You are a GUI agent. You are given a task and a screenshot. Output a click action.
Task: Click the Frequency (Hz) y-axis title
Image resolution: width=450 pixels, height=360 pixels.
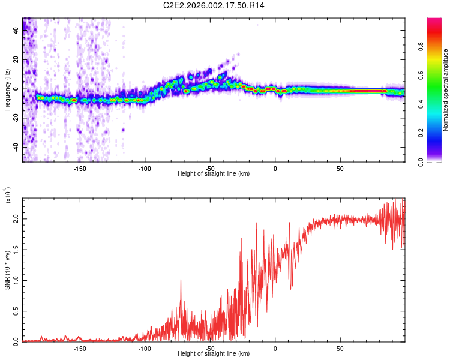[7, 89]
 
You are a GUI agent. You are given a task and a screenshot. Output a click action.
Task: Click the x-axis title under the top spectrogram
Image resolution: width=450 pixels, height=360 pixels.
[214, 173]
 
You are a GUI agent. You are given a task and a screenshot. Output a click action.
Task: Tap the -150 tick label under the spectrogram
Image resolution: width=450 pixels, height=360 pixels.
[80, 168]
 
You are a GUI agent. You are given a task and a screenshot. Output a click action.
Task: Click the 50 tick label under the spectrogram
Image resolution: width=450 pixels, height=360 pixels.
[340, 168]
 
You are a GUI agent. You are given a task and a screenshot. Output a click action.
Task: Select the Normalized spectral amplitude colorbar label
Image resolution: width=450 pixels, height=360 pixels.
[446, 90]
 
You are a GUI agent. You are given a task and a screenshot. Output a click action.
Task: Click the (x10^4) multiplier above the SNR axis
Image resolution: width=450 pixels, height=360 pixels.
[8, 195]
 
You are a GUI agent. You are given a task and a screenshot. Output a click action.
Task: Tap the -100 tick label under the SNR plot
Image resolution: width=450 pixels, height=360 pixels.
[145, 348]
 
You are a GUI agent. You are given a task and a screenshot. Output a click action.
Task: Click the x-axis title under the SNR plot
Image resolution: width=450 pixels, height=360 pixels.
[214, 353]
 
